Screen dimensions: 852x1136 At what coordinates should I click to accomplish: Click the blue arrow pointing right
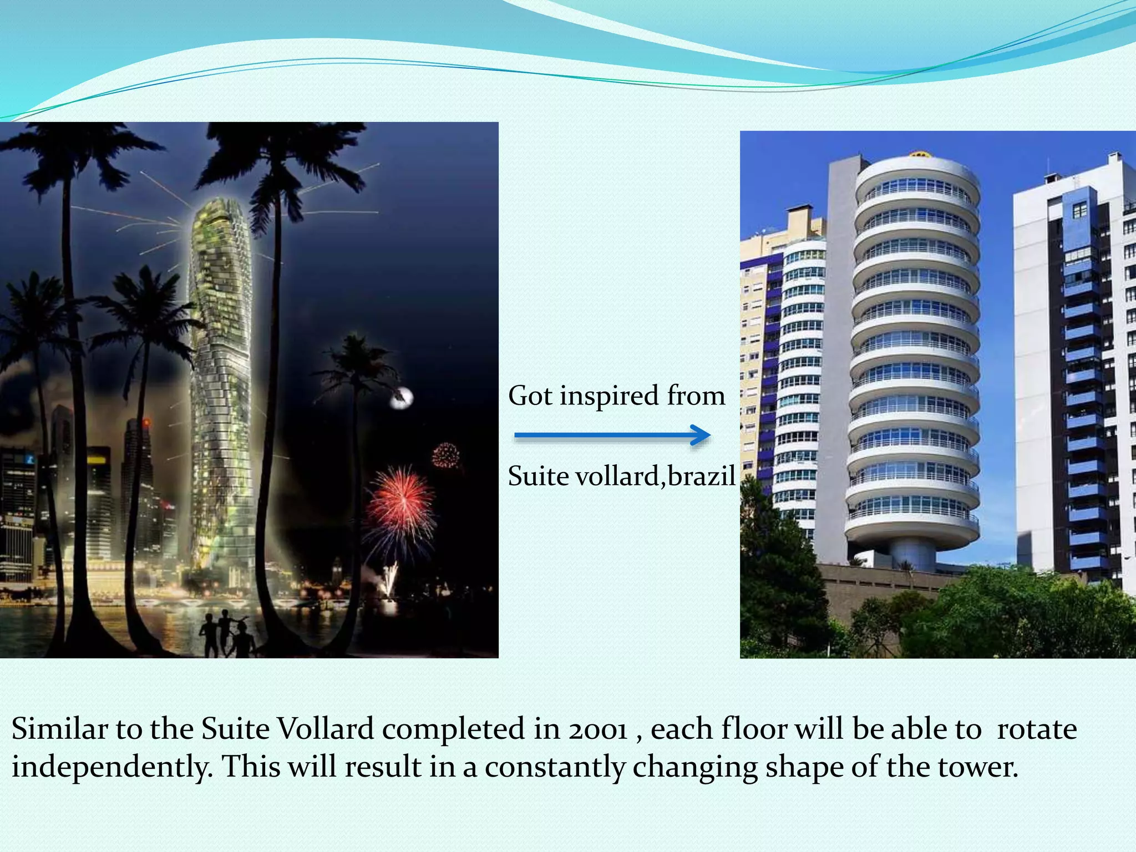[612, 435]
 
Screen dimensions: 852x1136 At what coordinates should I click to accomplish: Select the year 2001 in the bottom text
[597, 729]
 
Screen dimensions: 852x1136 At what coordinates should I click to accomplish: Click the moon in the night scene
[402, 397]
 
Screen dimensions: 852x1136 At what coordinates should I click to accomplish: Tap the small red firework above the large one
[446, 456]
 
